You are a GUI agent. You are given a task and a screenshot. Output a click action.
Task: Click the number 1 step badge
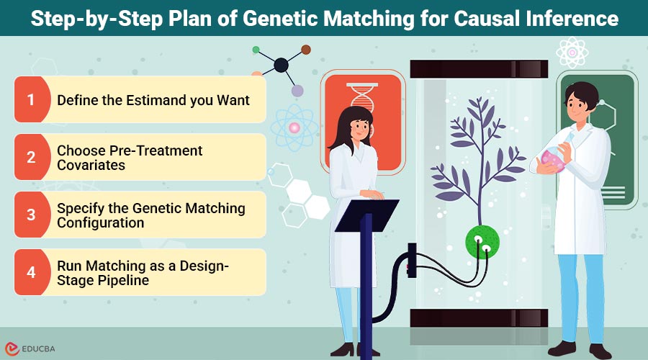pyautogui.click(x=31, y=99)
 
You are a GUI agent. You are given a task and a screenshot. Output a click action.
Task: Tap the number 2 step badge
pyautogui.click(x=31, y=157)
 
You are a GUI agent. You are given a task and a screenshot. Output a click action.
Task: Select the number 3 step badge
pyautogui.click(x=31, y=215)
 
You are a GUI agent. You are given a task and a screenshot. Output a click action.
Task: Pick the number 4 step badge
pyautogui.click(x=31, y=272)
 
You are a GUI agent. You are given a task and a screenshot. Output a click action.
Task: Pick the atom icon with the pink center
pyautogui.click(x=294, y=127)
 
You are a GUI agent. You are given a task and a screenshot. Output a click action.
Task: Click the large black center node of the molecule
pyautogui.click(x=282, y=66)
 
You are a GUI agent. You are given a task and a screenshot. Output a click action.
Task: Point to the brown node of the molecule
pyautogui.click(x=306, y=50)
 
